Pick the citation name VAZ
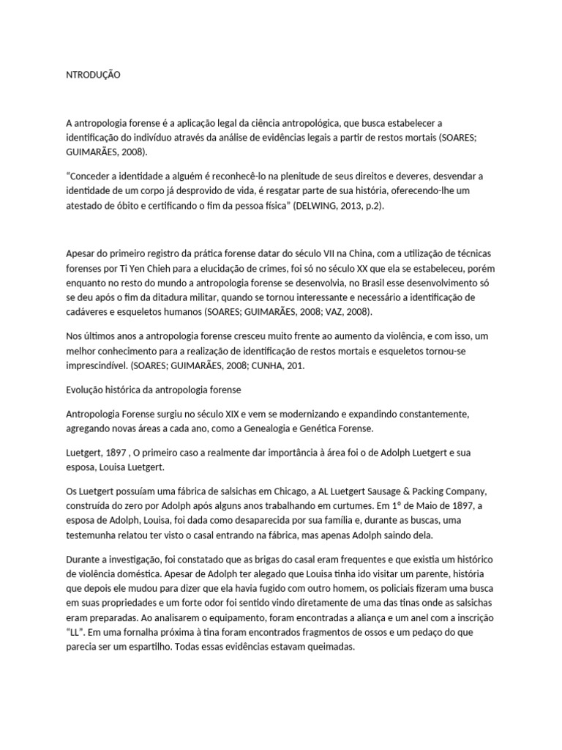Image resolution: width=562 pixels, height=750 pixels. (x=331, y=312)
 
